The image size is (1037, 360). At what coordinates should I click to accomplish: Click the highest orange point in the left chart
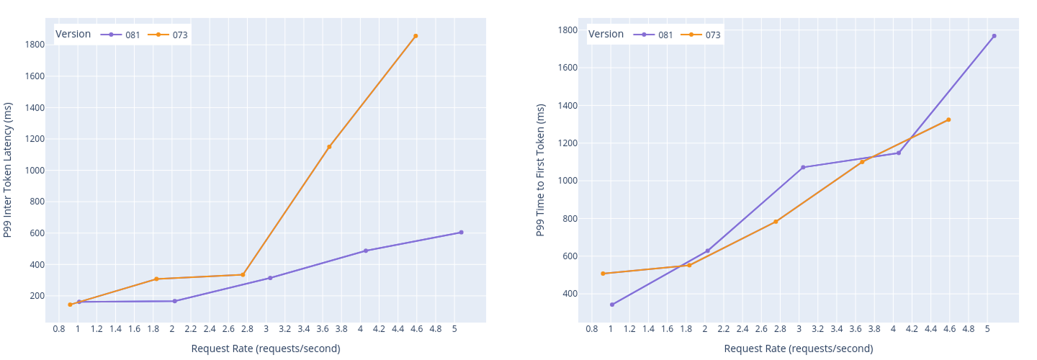click(x=416, y=36)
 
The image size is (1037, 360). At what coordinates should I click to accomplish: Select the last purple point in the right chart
click(x=994, y=36)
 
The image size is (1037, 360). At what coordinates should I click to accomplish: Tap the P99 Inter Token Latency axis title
click(x=8, y=170)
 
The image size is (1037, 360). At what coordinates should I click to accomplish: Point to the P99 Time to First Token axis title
click(x=541, y=170)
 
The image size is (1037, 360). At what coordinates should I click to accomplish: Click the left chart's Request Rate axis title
click(x=266, y=348)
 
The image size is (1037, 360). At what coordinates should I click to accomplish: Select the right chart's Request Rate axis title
click(x=799, y=348)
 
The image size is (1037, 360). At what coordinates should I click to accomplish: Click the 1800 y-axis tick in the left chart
click(x=35, y=45)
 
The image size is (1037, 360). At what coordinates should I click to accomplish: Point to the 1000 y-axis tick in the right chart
click(x=567, y=181)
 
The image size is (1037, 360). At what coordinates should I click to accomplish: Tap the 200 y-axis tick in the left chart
click(x=37, y=296)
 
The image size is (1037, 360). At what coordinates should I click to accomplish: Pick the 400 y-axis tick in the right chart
click(x=570, y=294)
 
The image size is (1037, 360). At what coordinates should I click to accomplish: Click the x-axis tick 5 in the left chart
click(x=454, y=329)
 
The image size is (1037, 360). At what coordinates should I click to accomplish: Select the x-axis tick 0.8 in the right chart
click(x=592, y=329)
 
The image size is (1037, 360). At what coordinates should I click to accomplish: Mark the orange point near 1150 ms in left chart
click(x=329, y=147)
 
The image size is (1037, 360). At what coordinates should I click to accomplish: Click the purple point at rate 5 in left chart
click(x=461, y=233)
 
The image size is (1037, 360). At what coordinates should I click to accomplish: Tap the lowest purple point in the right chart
click(x=612, y=305)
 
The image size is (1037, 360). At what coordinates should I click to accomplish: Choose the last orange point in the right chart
click(x=948, y=120)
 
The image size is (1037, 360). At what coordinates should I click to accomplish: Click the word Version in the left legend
click(x=73, y=34)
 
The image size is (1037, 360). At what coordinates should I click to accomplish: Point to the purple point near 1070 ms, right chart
click(x=803, y=167)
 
